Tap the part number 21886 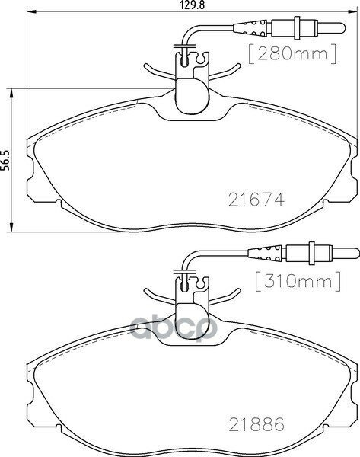(256, 420)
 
